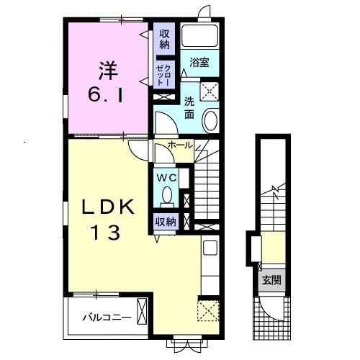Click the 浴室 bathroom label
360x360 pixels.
pos(199,62)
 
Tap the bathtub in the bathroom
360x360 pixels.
pos(199,35)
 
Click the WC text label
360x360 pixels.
pos(166,178)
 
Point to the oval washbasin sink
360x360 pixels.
pos(210,120)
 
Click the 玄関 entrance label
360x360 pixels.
pos(271,280)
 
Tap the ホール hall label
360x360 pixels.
pos(180,145)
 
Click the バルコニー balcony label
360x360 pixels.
pos(107,318)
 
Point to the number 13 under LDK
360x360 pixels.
pos(106,233)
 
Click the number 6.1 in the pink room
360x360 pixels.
pos(106,95)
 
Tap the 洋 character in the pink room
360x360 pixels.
pos(108,71)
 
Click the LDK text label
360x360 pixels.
pos(108,207)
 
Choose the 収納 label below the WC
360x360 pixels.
pos(166,222)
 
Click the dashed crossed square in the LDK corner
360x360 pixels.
pos(208,310)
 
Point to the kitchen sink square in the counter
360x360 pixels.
pos(210,248)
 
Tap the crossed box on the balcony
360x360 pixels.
pos(142,312)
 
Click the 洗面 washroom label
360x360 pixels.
pos(189,109)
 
